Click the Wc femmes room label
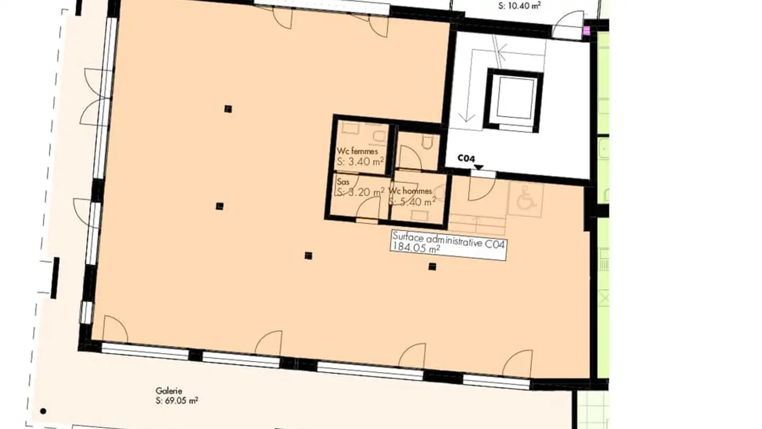[357, 151]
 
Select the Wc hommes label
[410, 191]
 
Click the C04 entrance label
[466, 158]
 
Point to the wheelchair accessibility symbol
[525, 200]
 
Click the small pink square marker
[586, 31]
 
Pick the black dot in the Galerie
[43, 410]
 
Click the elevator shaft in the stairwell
[513, 100]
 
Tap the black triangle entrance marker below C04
[478, 168]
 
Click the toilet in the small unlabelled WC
[427, 141]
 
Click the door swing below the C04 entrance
[480, 188]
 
